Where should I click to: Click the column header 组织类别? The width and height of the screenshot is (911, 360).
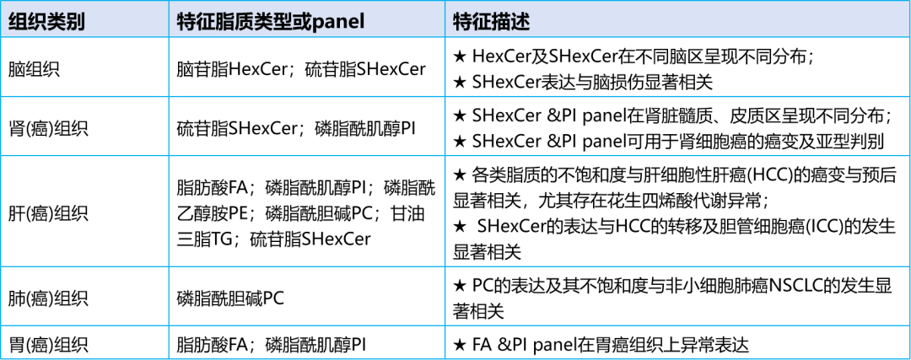47,21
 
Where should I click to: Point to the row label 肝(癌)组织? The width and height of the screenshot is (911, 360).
48,212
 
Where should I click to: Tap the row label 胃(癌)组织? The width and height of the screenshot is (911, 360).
48,346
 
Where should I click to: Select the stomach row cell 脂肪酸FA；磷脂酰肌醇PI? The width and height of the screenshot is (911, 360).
273,346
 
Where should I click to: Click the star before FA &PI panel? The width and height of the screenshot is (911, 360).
459,346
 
